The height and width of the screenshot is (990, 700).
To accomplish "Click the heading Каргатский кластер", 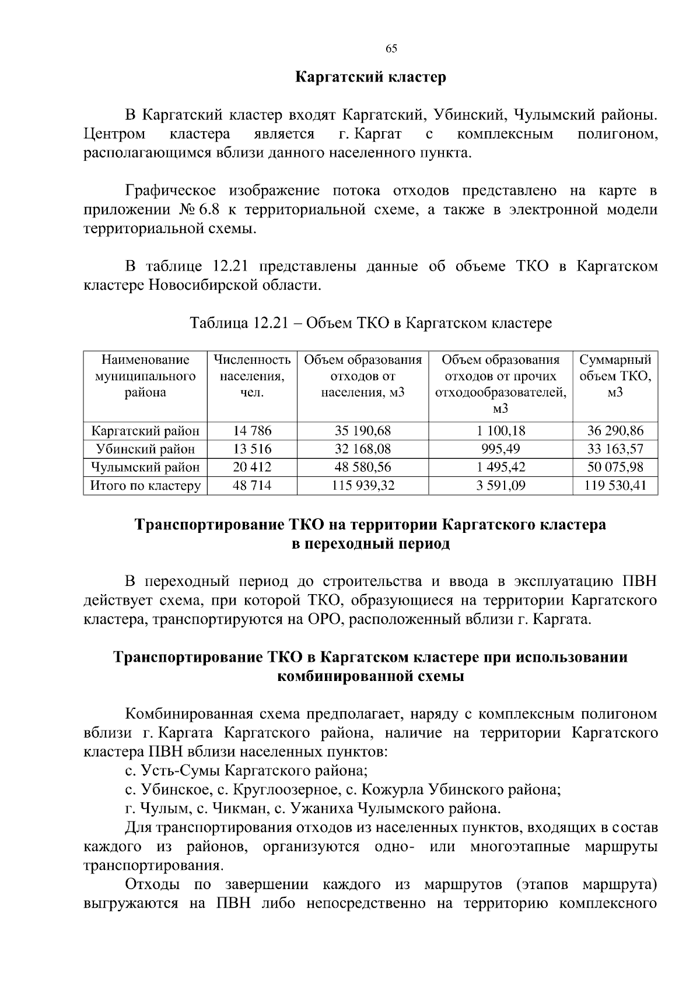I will [370, 77].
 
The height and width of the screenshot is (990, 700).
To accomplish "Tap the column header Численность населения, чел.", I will [252, 375].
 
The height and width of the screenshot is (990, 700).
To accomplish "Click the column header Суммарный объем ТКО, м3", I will [615, 375].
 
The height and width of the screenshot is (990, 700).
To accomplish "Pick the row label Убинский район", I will [146, 449].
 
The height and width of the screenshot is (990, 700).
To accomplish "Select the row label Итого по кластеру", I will [146, 485].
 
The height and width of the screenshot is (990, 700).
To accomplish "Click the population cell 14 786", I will [252, 431].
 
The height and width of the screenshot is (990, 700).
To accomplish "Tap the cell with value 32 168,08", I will [363, 449].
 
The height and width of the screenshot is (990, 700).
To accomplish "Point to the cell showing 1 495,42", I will [501, 467].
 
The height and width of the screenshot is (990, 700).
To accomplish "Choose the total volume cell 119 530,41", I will [615, 485].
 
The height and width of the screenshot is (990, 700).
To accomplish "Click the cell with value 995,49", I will [501, 449].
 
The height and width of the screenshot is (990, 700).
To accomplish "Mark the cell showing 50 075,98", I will [615, 467].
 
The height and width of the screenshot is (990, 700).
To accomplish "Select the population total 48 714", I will [252, 485].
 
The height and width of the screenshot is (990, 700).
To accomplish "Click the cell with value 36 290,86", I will [615, 431].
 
